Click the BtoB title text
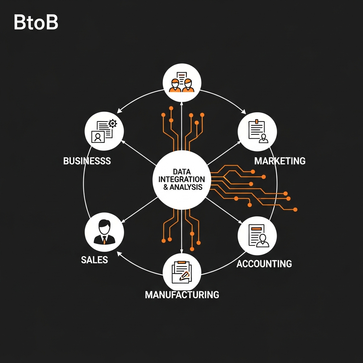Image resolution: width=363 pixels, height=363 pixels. (x=35, y=23)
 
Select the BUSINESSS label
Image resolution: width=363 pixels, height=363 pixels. (x=87, y=161)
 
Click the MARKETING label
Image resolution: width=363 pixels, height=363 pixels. (x=280, y=161)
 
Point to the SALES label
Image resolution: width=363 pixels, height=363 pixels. (x=94, y=259)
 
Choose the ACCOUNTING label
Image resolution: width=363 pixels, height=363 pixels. (x=264, y=263)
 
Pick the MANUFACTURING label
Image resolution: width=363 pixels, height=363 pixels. (x=182, y=294)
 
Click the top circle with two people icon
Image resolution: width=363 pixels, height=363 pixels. (x=182, y=83)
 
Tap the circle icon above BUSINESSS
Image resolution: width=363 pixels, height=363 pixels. (x=104, y=131)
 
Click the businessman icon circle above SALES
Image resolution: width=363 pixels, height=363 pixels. (x=104, y=232)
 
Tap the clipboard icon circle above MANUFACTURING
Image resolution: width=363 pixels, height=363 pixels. (x=182, y=273)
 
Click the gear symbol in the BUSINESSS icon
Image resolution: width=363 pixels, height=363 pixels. (x=113, y=123)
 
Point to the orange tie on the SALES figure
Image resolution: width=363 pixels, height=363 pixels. (x=105, y=240)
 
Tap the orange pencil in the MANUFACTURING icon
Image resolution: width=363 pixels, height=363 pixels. (x=184, y=275)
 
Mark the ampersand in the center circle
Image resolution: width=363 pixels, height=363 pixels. (x=166, y=187)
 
